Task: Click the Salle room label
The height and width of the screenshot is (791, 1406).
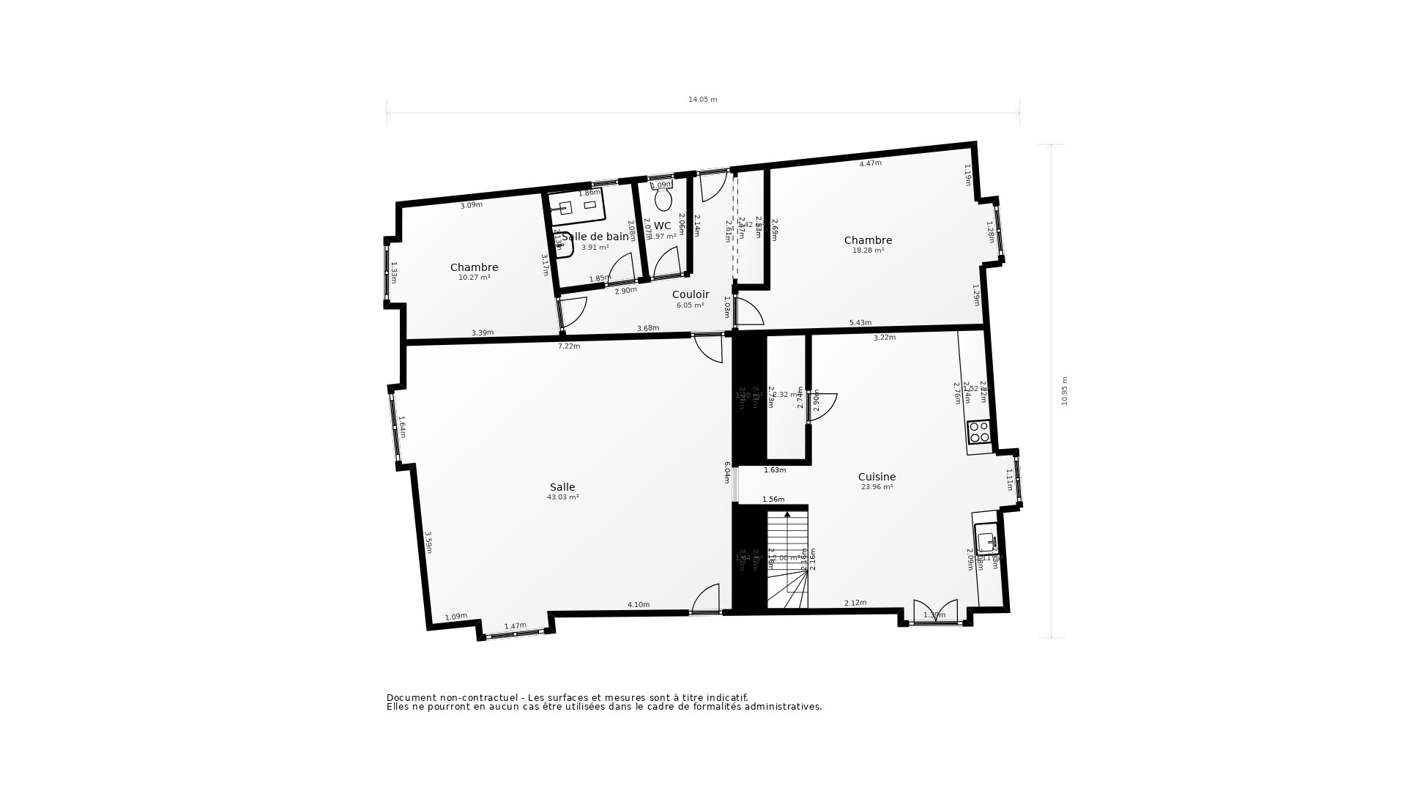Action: click(562, 487)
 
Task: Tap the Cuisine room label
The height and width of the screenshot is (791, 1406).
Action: click(877, 477)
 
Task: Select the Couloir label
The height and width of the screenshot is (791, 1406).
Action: click(691, 294)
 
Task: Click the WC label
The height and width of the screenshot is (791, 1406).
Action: click(662, 226)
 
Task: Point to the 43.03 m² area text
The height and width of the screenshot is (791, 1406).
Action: click(562, 497)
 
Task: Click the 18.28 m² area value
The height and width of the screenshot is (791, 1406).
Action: click(868, 250)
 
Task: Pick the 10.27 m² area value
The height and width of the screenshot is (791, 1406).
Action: click(474, 278)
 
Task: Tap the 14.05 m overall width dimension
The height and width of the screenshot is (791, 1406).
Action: click(702, 100)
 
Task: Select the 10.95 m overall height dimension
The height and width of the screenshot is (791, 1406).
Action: click(1065, 391)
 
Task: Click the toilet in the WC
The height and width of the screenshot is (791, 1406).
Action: click(663, 198)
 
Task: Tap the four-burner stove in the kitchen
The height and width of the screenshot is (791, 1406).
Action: click(978, 432)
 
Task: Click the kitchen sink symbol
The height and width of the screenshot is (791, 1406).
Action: click(986, 543)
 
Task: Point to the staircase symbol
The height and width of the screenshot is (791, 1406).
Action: click(787, 560)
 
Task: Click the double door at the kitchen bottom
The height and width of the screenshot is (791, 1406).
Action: click(935, 612)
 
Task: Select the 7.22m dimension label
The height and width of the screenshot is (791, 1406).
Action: click(569, 346)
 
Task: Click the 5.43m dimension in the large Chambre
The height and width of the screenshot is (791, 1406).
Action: click(860, 323)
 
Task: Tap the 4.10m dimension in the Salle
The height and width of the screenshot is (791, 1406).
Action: click(638, 605)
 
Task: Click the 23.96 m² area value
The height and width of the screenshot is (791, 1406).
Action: click(877, 487)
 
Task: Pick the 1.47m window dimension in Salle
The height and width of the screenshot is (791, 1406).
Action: click(515, 626)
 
